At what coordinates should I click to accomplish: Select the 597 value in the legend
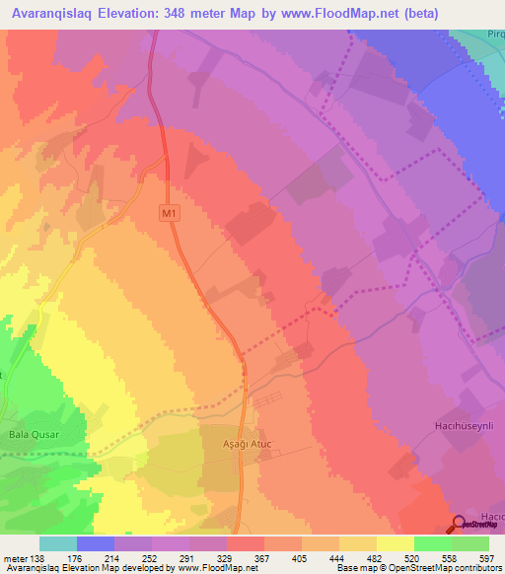point(488,558)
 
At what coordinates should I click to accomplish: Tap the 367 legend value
point(263,558)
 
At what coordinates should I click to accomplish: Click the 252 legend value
point(151,558)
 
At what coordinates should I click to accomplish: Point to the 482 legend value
point(376,558)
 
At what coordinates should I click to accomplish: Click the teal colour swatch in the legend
point(57,543)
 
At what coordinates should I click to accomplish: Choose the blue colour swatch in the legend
point(95,543)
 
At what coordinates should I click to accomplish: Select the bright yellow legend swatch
point(395,543)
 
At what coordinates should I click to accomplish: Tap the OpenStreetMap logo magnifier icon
point(459,523)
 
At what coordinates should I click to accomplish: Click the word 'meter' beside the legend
point(14,558)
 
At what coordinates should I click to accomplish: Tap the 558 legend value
point(451,558)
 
